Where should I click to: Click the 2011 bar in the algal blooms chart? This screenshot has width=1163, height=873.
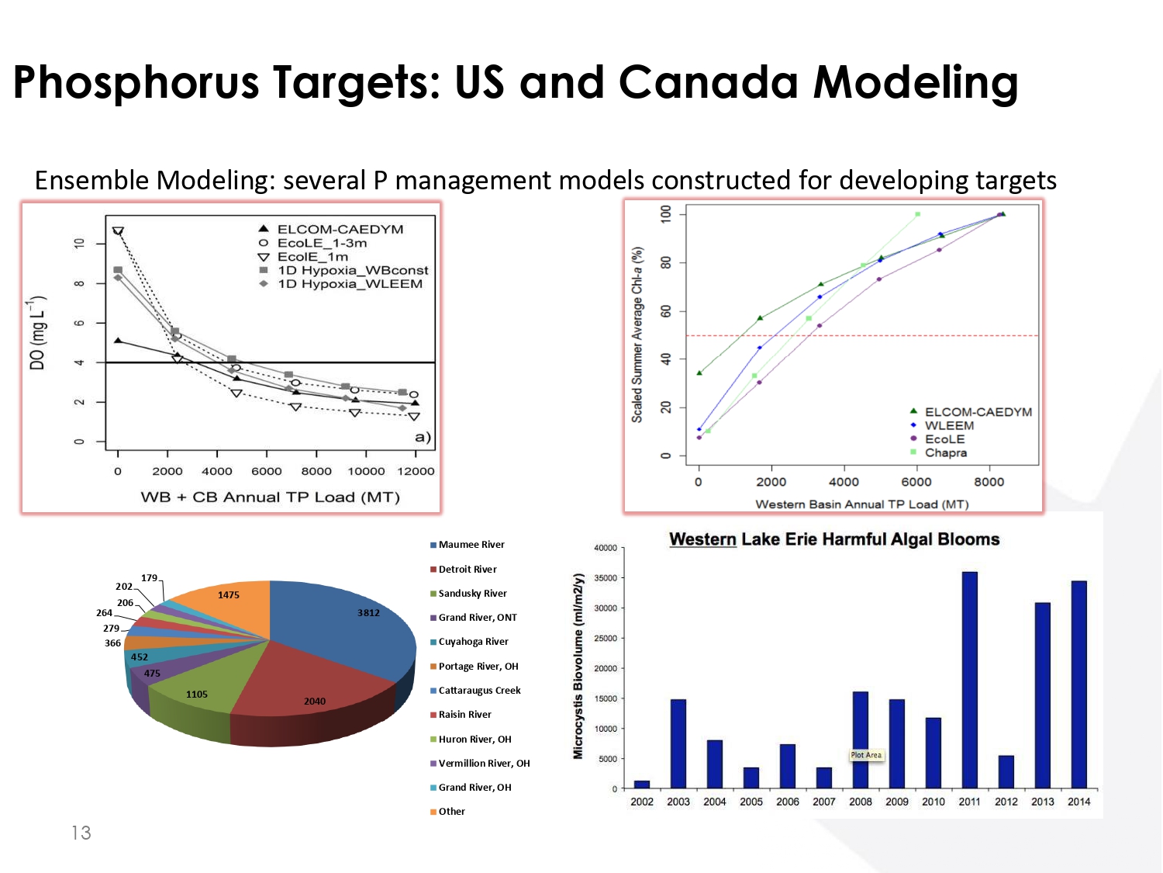pos(969,680)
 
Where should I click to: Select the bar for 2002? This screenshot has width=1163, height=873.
pos(642,784)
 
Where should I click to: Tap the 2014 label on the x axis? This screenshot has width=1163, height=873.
pos(1078,802)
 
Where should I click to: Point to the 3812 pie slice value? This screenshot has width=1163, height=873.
pos(368,613)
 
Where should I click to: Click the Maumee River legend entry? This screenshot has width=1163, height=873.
pos(471,545)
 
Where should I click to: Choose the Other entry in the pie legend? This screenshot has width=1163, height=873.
pos(451,812)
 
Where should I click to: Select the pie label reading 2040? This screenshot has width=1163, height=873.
pos(315,702)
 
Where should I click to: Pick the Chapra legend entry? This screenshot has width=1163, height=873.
pos(945,452)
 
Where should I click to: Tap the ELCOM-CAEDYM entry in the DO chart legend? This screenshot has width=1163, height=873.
pos(340,230)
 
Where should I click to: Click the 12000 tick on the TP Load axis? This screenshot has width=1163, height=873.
pos(416,471)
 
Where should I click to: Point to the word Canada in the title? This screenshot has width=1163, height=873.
pos(708,82)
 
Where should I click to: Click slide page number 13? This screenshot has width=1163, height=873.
pos(81,833)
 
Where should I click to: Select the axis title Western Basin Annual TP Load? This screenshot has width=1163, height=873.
pos(861,504)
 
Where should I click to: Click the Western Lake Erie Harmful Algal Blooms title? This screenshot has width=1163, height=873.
pos(834,539)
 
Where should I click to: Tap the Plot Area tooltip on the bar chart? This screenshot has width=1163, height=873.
pos(866,755)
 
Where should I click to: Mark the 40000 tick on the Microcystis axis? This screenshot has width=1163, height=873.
pos(606,548)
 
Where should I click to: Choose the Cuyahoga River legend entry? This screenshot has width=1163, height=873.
pos(473,642)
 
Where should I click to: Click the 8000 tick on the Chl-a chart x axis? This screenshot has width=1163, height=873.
pos(989,482)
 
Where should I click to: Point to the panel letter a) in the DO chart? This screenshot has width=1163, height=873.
pos(423,437)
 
